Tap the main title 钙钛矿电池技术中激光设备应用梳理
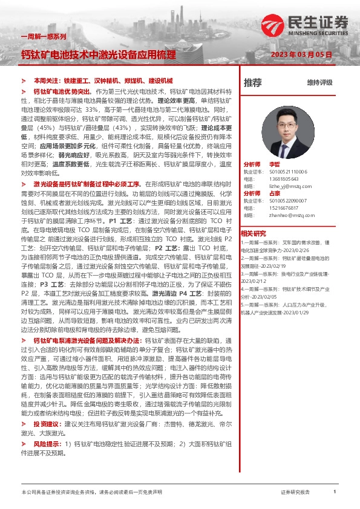[x=98, y=54]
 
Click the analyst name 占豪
[x=274, y=193]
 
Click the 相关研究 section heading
[x=253, y=233]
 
